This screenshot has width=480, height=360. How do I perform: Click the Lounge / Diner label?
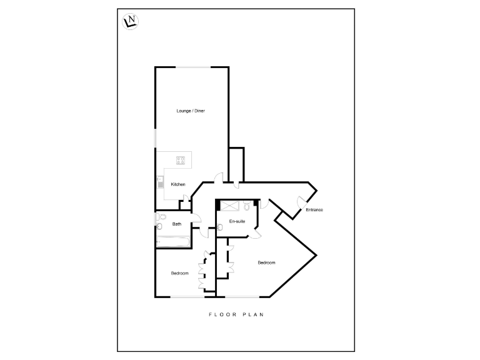[191, 111]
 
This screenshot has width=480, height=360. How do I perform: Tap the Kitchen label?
[179, 184]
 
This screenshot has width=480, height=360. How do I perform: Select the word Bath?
[177, 224]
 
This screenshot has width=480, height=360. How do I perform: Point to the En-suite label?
[237, 222]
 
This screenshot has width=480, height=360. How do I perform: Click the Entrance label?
[314, 209]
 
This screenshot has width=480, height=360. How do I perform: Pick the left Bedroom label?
[180, 273]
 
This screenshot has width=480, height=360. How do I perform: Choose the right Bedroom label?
[266, 262]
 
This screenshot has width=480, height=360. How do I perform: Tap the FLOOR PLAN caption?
[236, 314]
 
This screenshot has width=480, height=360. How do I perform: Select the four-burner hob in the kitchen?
[181, 160]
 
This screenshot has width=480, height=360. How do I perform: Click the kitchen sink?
[159, 183]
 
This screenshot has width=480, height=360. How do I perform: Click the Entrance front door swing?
[301, 203]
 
